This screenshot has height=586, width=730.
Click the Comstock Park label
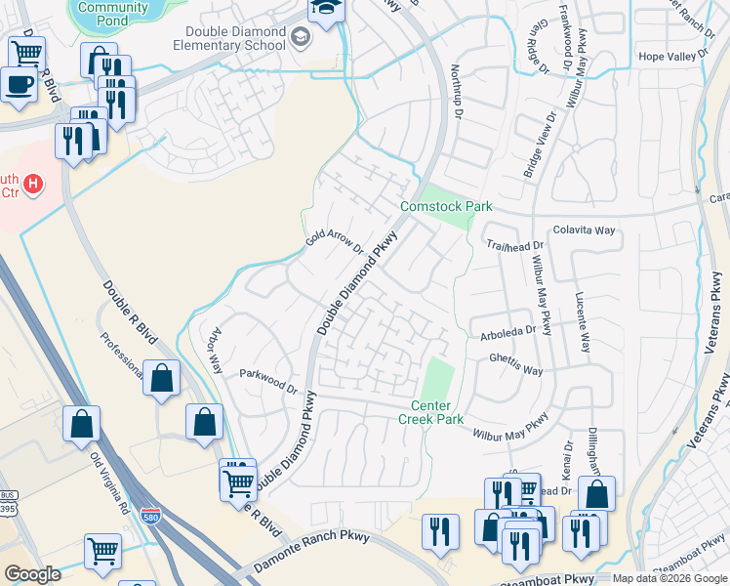(x=446, y=206)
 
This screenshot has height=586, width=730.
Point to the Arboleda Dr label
(x=507, y=332)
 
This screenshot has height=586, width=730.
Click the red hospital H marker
(x=33, y=183)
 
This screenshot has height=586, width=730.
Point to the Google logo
(x=32, y=574)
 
